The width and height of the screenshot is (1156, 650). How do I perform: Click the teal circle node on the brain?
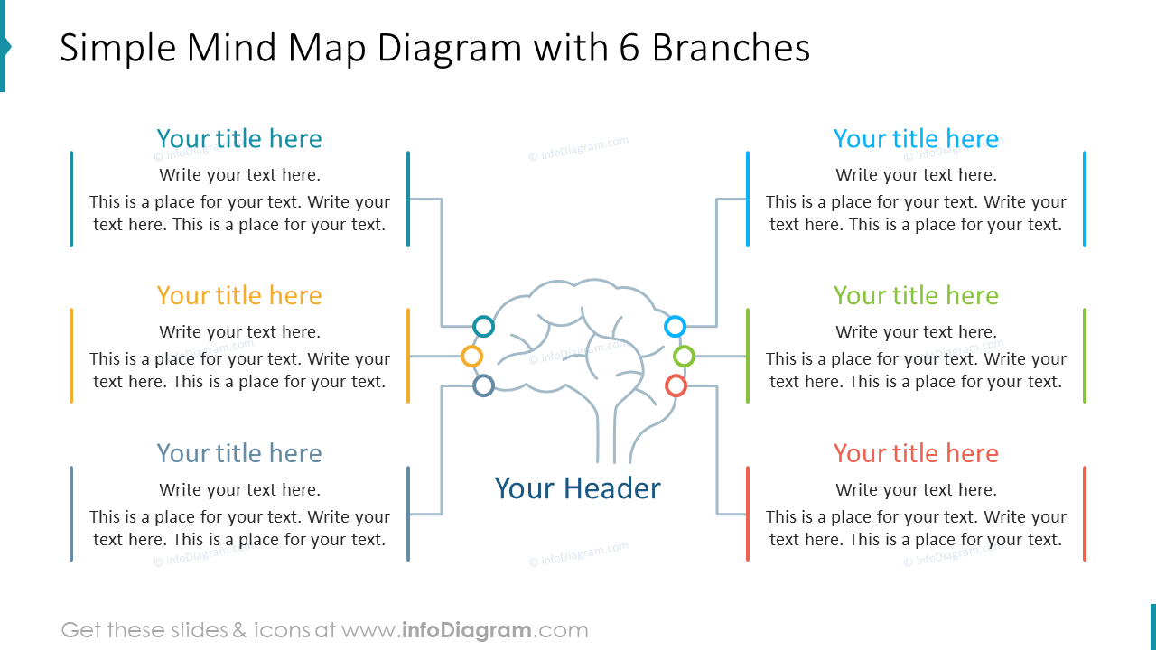[484, 326]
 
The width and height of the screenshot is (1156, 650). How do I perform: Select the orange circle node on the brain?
[471, 356]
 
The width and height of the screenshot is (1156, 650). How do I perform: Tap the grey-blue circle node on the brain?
[484, 386]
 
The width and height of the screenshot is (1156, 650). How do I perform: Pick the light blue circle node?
[675, 326]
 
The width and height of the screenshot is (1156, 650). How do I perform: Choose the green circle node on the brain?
[685, 356]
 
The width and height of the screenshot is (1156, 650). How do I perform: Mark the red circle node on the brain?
[676, 386]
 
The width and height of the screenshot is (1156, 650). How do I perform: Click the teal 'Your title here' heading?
[239, 139]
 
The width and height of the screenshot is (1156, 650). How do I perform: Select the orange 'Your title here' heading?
[239, 296]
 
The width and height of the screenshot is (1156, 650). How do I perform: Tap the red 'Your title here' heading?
[916, 453]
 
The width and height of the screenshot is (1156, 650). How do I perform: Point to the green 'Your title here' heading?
[916, 296]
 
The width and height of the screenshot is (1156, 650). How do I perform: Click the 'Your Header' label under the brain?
[578, 488]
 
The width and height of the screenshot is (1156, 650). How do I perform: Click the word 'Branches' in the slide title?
[731, 49]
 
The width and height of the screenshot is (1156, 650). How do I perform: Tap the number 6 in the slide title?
[629, 49]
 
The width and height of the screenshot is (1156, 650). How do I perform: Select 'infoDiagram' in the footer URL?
[466, 630]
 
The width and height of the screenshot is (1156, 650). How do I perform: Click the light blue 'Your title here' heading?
[916, 139]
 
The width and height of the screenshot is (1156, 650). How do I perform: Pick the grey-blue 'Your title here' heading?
[239, 453]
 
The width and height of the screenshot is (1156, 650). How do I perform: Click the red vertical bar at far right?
[1084, 514]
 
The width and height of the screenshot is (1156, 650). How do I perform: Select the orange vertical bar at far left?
[71, 356]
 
